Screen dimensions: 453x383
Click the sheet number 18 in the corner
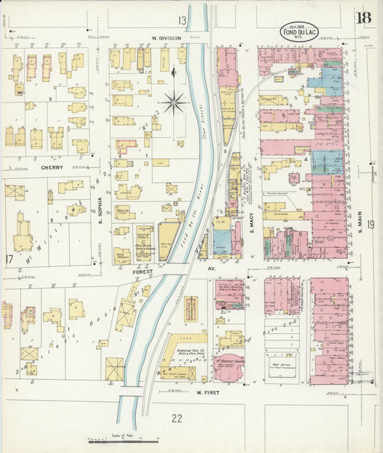coord(363,17)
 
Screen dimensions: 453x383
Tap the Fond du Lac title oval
coord(299,32)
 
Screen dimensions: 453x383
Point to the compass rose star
coord(173,103)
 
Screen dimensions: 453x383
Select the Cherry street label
coord(52,167)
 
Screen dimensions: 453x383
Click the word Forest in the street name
coord(144,272)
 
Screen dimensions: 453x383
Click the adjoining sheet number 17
coord(9,259)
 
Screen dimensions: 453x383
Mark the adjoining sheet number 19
coord(369,225)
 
